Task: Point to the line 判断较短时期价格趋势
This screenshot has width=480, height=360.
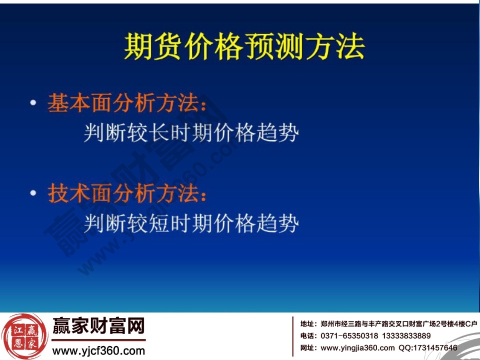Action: click(x=191, y=222)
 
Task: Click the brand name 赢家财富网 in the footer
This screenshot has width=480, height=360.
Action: click(x=98, y=327)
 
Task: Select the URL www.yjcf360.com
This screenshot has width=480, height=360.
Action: click(x=98, y=350)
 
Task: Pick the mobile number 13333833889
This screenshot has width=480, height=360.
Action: click(x=406, y=335)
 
